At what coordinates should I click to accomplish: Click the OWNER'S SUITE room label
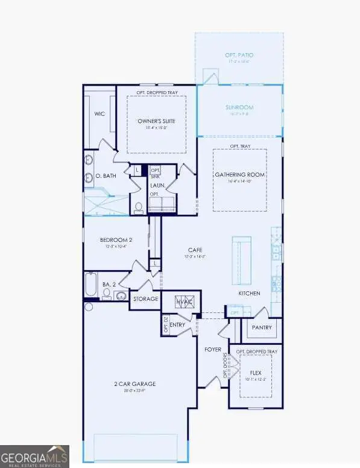click(x=156, y=121)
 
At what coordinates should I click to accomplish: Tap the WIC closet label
click(x=99, y=113)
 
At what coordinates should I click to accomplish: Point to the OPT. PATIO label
click(x=239, y=55)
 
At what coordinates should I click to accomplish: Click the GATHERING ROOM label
click(x=240, y=175)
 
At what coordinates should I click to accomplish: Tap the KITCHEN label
click(x=249, y=293)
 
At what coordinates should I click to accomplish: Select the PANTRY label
click(x=262, y=328)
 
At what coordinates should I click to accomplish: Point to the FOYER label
click(x=212, y=349)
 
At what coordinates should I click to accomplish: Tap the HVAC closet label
click(x=183, y=300)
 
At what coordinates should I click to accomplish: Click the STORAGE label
click(x=145, y=299)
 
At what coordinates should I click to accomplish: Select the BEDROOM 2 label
click(x=116, y=240)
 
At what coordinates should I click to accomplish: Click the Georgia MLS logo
click(x=34, y=456)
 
